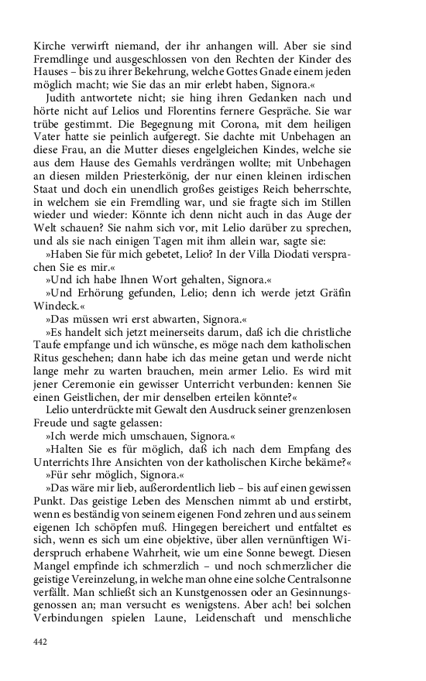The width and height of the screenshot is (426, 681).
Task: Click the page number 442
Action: click(41, 642)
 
